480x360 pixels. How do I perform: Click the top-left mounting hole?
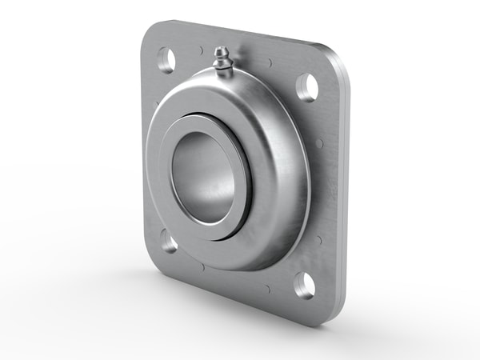166,59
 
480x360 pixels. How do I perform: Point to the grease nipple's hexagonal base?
226,70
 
